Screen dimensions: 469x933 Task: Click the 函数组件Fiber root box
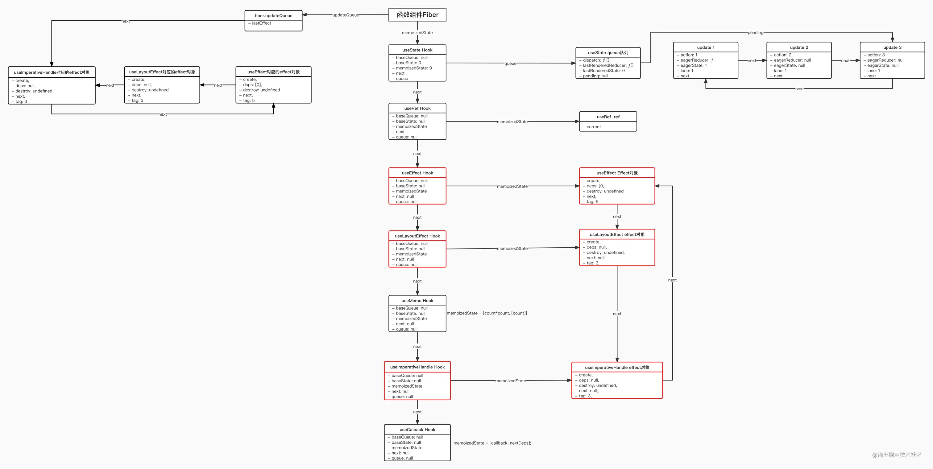point(417,15)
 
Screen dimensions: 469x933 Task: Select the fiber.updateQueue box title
point(273,15)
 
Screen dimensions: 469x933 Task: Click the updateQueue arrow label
point(346,15)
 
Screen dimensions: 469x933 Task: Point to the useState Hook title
point(417,50)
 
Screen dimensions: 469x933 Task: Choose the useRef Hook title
point(417,108)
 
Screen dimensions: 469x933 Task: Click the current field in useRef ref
point(594,127)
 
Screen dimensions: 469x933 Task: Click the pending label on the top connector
point(755,33)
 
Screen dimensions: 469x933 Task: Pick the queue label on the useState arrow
point(510,63)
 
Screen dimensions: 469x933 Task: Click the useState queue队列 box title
point(608,52)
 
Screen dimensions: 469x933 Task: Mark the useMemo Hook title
point(417,300)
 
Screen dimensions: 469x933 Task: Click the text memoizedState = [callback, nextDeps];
point(492,443)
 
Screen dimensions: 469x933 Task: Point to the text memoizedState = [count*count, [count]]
point(487,313)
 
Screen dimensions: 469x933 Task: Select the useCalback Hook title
point(417,430)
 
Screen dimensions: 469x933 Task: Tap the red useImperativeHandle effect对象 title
point(617,367)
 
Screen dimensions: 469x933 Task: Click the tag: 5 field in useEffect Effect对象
point(592,202)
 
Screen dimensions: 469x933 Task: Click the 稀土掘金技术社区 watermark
point(897,455)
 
